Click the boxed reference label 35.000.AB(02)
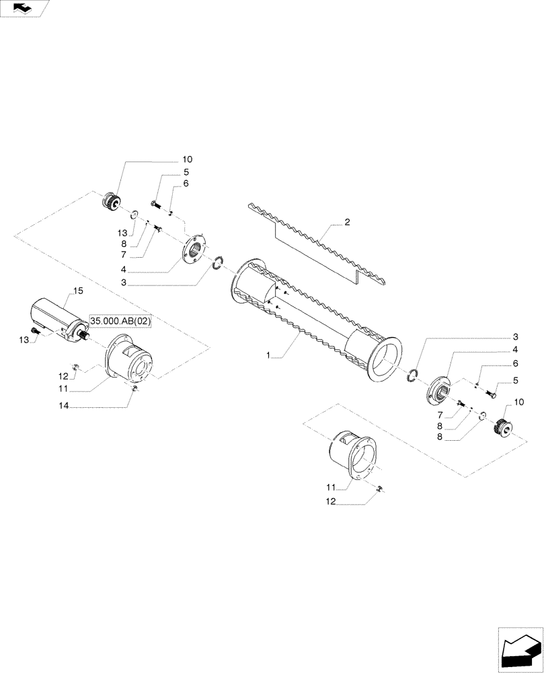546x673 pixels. tap(121, 322)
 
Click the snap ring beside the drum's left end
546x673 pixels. tap(217, 263)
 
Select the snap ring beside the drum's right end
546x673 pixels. tap(414, 374)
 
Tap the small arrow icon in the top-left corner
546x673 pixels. tap(24, 8)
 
